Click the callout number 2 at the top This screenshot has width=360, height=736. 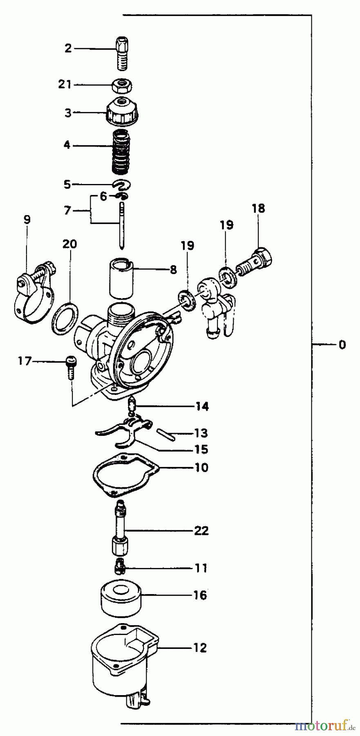(x=68, y=48)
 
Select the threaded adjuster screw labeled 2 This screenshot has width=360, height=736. (x=121, y=53)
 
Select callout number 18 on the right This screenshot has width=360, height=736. (x=258, y=209)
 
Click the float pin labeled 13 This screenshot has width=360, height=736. (x=165, y=434)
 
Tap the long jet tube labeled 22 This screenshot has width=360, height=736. (x=121, y=527)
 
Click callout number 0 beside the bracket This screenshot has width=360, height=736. (x=342, y=345)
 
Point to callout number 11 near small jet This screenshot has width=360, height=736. (x=201, y=568)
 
